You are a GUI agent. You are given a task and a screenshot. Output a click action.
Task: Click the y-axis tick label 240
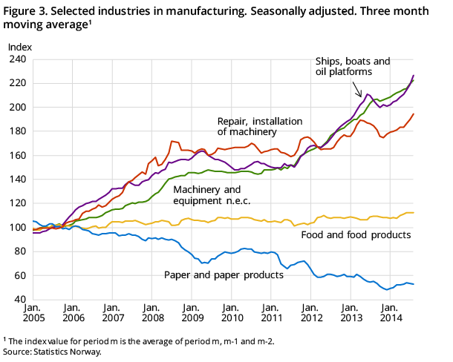pyautogui.click(x=17, y=59)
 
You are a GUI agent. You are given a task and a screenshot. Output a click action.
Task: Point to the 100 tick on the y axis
pyautogui.click(x=17, y=228)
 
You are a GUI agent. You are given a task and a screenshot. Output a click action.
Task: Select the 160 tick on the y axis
pyautogui.click(x=17, y=156)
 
